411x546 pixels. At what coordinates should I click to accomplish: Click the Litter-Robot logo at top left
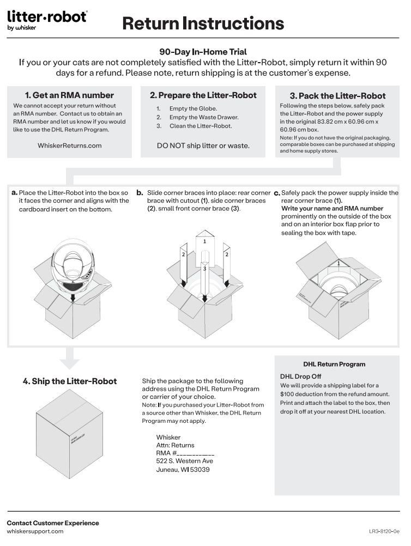[x=47, y=20]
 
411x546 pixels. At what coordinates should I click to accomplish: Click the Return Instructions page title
[x=203, y=23]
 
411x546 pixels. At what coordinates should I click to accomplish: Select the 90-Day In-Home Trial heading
[x=203, y=52]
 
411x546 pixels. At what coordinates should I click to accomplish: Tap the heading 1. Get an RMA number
[x=69, y=95]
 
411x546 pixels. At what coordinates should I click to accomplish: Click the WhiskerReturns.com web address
[x=69, y=145]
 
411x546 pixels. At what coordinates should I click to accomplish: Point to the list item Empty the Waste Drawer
[x=203, y=117]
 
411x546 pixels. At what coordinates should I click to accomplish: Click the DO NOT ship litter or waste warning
[x=203, y=145]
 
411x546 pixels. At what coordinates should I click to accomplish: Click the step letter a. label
[x=14, y=193]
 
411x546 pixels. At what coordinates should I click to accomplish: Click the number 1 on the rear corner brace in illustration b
[x=204, y=240]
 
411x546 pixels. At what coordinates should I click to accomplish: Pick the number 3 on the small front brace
[x=204, y=269]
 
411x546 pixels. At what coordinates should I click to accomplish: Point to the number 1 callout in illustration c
[x=339, y=264]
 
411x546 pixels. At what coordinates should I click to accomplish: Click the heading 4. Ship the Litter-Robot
[x=69, y=381]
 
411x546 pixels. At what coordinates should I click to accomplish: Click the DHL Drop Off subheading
[x=300, y=377]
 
